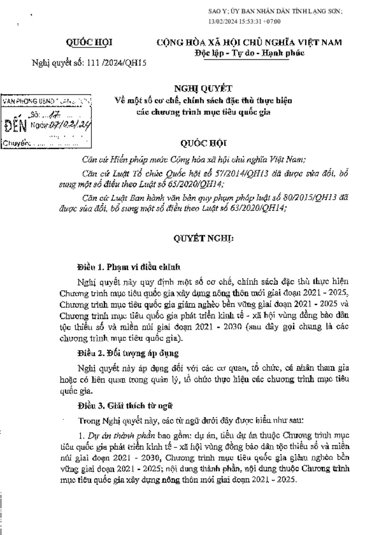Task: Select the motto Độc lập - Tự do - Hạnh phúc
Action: [x=249, y=53]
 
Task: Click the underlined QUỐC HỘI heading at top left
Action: [x=89, y=43]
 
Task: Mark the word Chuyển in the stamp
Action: [x=16, y=142]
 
